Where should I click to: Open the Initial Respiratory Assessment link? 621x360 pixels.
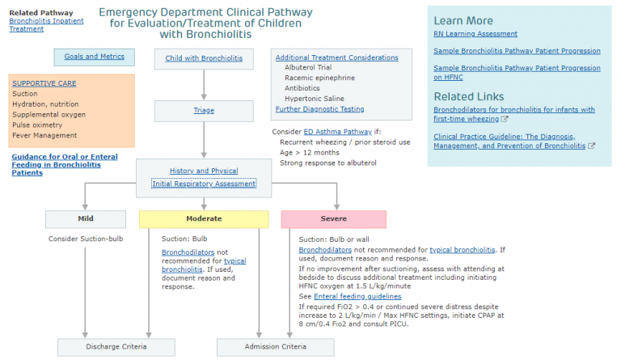click(x=204, y=184)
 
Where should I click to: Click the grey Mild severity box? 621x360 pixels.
click(x=86, y=218)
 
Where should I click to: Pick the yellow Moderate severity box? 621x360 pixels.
click(x=204, y=218)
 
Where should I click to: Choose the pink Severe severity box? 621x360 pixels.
click(x=333, y=218)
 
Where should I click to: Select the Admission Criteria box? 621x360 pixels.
click(x=275, y=347)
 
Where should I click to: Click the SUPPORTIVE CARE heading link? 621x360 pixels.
click(x=44, y=83)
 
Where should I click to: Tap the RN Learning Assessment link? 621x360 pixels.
click(x=475, y=34)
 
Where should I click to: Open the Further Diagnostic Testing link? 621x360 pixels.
click(x=319, y=109)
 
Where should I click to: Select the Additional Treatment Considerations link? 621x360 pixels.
click(x=336, y=57)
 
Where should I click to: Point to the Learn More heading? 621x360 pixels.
click(x=463, y=20)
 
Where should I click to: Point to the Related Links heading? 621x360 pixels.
click(x=470, y=96)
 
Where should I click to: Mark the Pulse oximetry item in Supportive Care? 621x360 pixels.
click(x=37, y=125)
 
